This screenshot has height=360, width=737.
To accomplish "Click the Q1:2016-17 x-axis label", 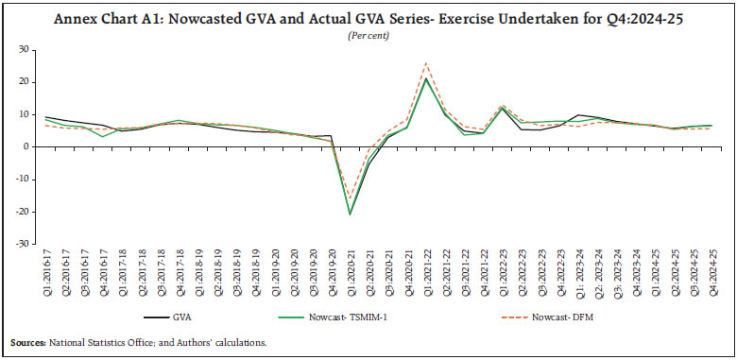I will click(x=45, y=274).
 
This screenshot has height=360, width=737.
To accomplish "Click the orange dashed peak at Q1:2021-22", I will click(x=426, y=63).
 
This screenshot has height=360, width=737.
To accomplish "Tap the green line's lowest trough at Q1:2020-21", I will click(x=350, y=214).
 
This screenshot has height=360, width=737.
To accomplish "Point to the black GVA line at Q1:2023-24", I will click(x=578, y=114).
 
